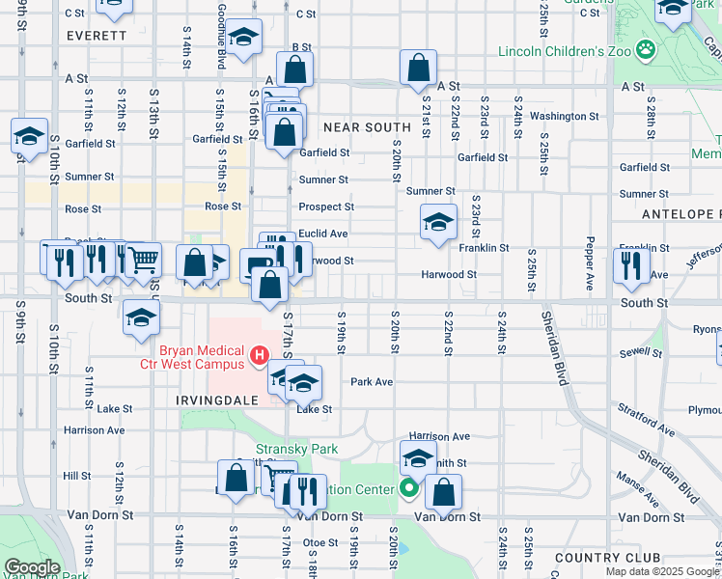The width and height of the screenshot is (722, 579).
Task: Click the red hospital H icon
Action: [x=259, y=357]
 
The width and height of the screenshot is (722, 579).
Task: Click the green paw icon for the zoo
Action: [x=644, y=47]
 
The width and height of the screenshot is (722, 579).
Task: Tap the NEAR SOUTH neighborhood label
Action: [x=368, y=127]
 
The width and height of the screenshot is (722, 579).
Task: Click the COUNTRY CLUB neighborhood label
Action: [x=608, y=558]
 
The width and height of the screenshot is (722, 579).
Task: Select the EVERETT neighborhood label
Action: [x=97, y=35]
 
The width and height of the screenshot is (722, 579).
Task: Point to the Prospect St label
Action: [x=326, y=207]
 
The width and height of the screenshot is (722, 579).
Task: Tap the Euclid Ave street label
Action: [x=322, y=234]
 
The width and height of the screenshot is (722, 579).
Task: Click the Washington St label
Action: [x=565, y=116]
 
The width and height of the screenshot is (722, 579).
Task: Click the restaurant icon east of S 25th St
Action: [x=630, y=265]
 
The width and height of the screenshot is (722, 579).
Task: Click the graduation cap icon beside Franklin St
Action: [x=438, y=223]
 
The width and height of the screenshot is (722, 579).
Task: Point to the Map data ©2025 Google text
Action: [x=663, y=571]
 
